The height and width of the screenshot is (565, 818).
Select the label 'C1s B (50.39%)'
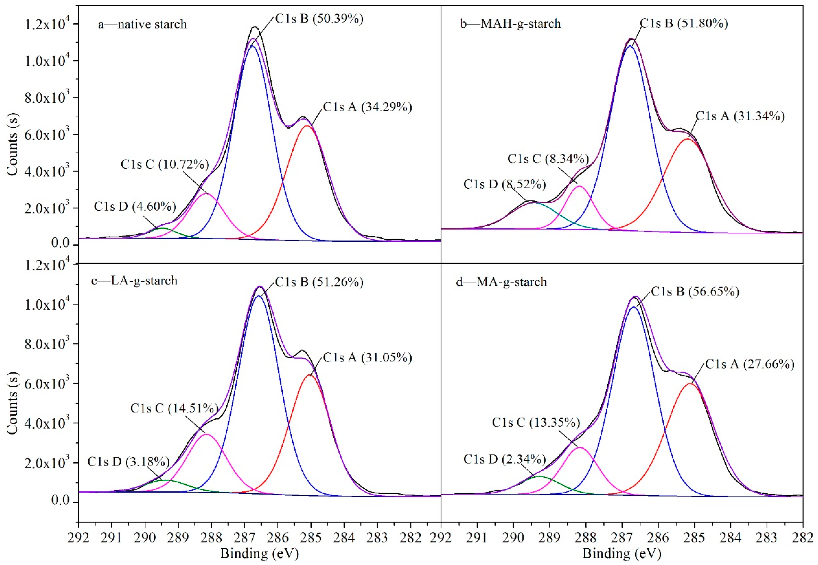click(319, 19)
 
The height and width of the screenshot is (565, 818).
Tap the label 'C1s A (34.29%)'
click(367, 107)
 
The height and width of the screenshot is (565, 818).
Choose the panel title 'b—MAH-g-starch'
click(510, 24)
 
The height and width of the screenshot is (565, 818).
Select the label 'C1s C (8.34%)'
click(548, 159)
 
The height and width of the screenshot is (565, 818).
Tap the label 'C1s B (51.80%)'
click(684, 23)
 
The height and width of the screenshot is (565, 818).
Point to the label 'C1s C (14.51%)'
click(174, 408)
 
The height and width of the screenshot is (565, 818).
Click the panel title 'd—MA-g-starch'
click(501, 282)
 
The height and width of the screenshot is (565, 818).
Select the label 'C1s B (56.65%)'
click(695, 292)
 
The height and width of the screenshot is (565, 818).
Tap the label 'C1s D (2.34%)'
click(504, 459)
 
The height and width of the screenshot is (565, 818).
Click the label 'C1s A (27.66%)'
click(750, 364)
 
